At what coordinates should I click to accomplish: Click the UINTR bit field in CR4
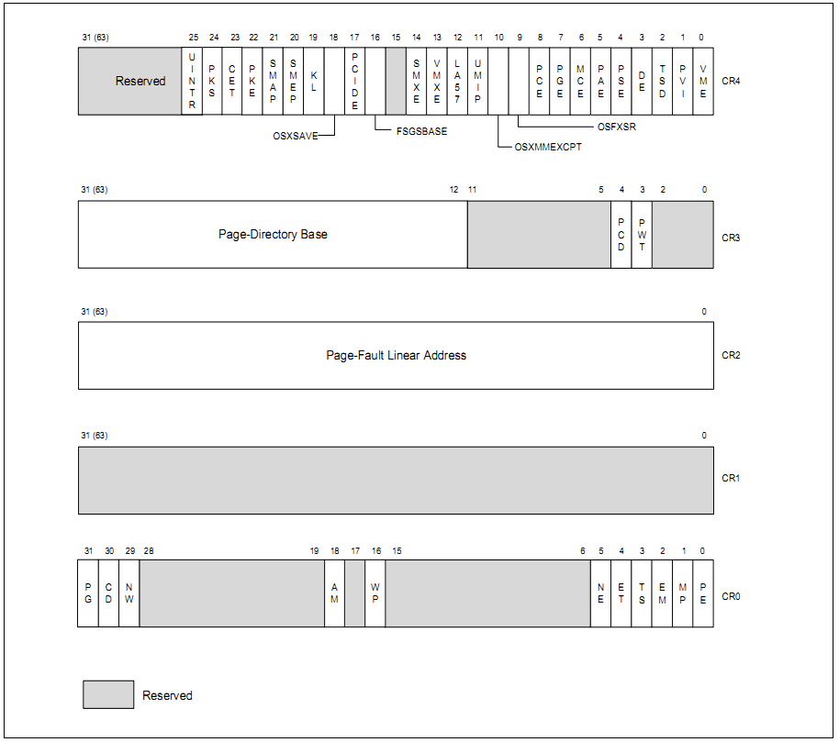tap(192, 81)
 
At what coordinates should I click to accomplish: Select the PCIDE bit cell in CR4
tap(355, 81)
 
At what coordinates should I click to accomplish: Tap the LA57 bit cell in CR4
tap(457, 81)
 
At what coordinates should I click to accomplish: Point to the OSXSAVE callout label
tap(296, 136)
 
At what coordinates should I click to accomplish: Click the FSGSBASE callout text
tap(421, 131)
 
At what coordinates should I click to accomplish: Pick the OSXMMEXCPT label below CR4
tap(548, 147)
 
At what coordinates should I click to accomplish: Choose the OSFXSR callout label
tap(616, 127)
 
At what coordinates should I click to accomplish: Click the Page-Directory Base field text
tap(273, 235)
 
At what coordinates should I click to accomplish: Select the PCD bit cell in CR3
tap(621, 235)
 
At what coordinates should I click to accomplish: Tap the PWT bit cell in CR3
tap(642, 235)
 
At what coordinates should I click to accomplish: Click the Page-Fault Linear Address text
tap(396, 355)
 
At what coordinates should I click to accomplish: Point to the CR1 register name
tap(731, 479)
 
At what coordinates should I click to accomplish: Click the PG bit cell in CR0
tap(88, 592)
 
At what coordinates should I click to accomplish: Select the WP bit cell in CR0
tap(375, 592)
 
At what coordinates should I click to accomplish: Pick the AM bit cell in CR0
tap(334, 592)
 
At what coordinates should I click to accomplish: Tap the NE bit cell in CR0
tap(600, 592)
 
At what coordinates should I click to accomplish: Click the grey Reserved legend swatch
tap(108, 694)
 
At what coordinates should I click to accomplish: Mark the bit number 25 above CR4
tap(193, 37)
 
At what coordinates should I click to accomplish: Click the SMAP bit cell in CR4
tap(273, 81)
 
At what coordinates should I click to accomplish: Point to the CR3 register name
tap(731, 238)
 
